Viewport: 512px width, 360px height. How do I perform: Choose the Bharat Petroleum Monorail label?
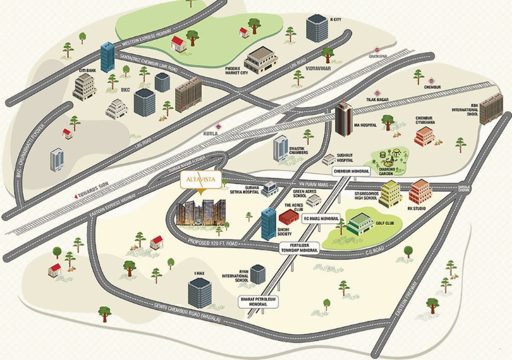coord(258,301)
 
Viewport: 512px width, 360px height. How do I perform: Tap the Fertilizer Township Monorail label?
coord(300,248)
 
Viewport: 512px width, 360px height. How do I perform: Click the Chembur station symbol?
coord(432,80)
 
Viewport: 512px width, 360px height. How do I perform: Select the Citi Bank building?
coord(84,87)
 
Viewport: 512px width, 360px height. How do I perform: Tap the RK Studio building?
coord(420,191)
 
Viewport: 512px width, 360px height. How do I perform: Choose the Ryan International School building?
coord(258,275)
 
